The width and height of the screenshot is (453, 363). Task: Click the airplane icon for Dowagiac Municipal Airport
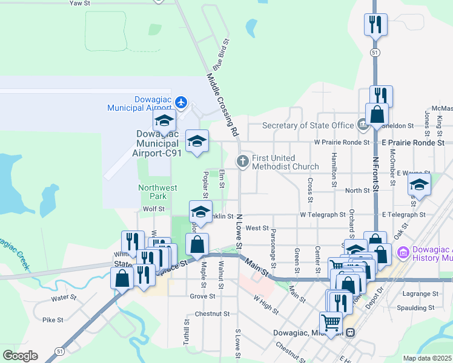[x=181, y=100]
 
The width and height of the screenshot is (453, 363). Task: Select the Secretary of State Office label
[x=308, y=125]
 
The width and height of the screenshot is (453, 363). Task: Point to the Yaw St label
[x=80, y=3]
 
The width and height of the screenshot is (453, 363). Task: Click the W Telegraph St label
[x=328, y=215]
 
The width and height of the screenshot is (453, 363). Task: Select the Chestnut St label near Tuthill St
[x=213, y=314]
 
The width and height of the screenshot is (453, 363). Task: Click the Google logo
[x=20, y=356]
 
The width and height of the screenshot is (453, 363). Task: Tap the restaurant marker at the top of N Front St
[x=375, y=25]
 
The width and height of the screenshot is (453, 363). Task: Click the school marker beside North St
[x=418, y=186]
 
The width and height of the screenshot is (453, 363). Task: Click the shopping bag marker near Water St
[x=122, y=278]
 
